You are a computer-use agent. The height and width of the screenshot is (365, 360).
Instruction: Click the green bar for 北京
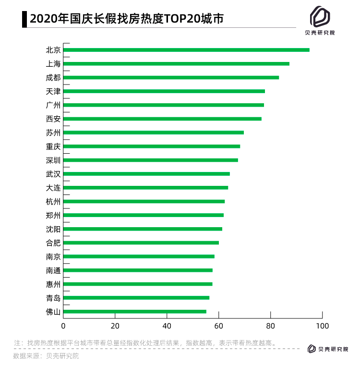(x=186, y=50)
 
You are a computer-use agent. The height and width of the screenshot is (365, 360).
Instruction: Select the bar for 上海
(x=176, y=63)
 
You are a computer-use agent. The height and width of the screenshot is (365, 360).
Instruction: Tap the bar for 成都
(x=171, y=77)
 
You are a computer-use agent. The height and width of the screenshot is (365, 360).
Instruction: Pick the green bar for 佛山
(x=134, y=312)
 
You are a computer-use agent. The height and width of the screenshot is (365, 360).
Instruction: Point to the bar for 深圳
(x=150, y=160)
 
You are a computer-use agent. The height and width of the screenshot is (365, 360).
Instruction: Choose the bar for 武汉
(x=146, y=174)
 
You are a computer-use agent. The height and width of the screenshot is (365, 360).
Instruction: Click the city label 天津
(x=53, y=91)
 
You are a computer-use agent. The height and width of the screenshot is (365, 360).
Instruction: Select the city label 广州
(x=53, y=105)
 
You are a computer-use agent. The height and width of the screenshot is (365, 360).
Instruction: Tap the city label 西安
(x=53, y=119)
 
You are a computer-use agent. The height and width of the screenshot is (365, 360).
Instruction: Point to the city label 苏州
(x=53, y=133)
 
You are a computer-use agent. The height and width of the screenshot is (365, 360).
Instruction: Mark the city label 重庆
(x=53, y=146)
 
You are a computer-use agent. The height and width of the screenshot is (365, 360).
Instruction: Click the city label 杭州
(x=53, y=202)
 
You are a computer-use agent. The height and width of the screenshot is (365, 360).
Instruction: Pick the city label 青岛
(x=53, y=298)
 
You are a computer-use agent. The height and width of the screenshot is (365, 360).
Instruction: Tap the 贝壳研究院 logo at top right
(x=320, y=22)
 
